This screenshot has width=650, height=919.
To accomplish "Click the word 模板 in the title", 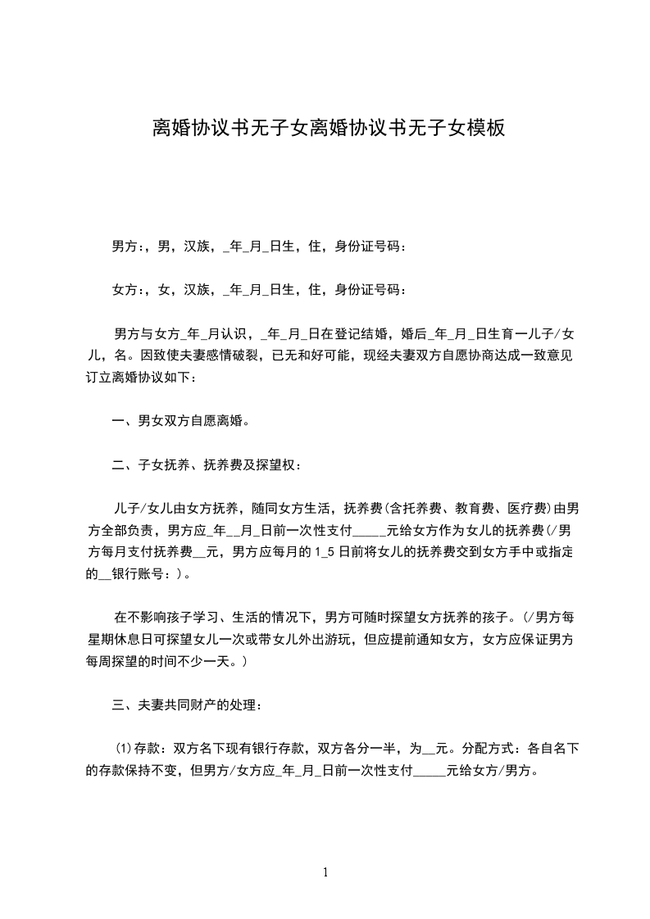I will pos(484,128).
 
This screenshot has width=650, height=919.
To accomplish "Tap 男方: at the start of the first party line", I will pos(127,246).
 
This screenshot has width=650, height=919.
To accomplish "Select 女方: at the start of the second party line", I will pos(127,289).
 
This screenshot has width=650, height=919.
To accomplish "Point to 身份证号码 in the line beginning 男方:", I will pos(370,246).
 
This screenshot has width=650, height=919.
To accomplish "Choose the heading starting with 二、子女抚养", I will pos(207,465).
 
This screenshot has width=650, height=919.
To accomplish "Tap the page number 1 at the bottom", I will pos(325,872).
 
